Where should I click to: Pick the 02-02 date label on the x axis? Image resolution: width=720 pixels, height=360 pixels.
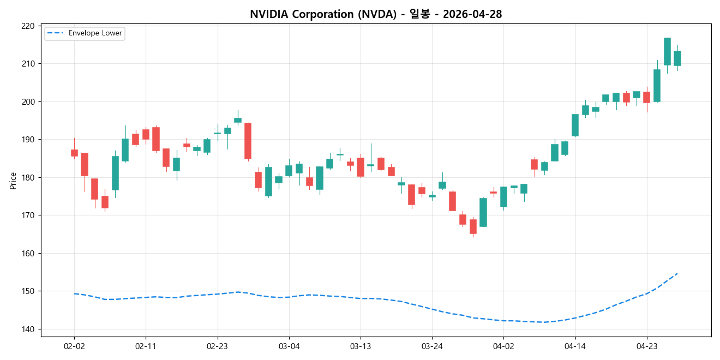tap(74, 346)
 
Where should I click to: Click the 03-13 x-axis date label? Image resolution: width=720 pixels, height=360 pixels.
tap(361, 346)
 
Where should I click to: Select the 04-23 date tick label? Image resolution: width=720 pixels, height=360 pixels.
tap(646, 346)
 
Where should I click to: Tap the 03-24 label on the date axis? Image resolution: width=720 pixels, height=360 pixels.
tap(432, 346)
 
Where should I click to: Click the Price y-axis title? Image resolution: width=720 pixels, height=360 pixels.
tap(13, 181)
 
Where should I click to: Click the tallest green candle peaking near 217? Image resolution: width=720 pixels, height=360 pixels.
tap(667, 51)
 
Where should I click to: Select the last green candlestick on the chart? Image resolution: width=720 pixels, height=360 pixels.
tap(677, 58)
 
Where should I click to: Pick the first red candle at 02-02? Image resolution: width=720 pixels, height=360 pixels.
tap(74, 153)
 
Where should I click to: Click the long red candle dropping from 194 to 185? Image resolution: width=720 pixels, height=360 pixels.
tap(248, 141)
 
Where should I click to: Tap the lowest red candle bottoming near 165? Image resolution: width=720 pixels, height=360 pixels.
tap(473, 226)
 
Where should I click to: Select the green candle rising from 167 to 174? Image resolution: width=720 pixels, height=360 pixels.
tap(483, 212)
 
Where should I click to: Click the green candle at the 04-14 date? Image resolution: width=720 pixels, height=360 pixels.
tap(575, 125)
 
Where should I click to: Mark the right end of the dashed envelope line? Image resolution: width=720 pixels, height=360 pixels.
tap(677, 273)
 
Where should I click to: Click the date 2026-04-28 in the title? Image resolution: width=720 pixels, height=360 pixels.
tap(472, 14)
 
